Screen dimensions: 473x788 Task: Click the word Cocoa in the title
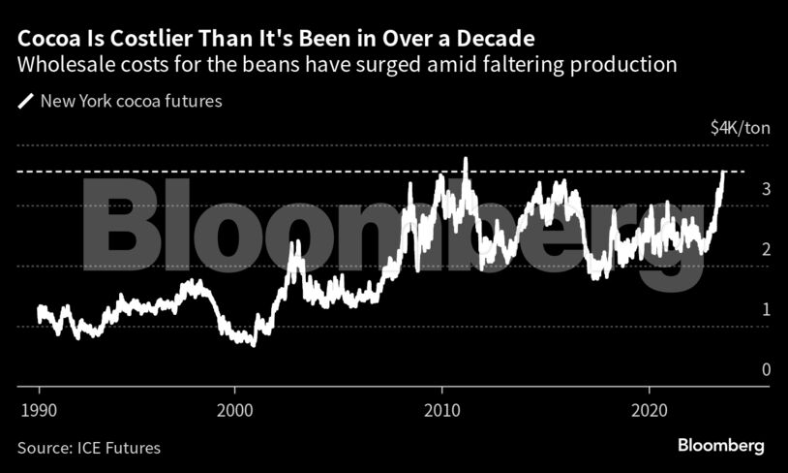(x=46, y=40)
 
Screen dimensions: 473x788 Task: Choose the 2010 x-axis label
(x=442, y=408)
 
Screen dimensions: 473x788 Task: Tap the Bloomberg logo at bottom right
(x=719, y=446)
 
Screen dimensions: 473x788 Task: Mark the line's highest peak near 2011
(x=466, y=159)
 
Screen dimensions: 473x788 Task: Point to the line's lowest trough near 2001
(x=254, y=344)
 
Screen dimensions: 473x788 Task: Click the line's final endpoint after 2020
(x=723, y=172)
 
